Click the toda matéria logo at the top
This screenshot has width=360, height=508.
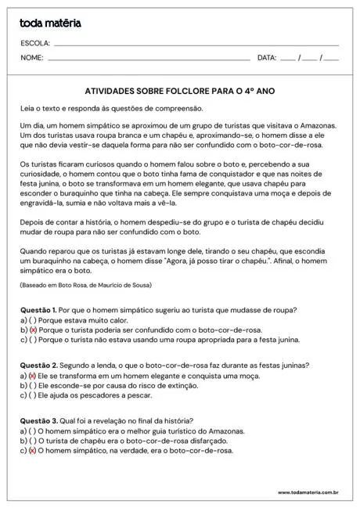[51, 23]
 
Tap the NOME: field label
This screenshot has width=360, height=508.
[32, 58]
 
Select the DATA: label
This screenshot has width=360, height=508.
[267, 58]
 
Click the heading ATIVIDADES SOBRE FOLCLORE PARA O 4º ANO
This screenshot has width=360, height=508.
[179, 91]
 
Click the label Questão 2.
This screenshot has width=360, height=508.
[38, 366]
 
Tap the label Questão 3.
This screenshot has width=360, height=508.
[38, 421]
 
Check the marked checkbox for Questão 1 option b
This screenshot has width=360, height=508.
[33, 330]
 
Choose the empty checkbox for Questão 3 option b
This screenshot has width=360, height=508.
[33, 441]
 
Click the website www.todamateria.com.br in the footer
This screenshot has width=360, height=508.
[308, 493]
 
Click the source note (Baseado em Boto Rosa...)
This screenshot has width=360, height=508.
[86, 285]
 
